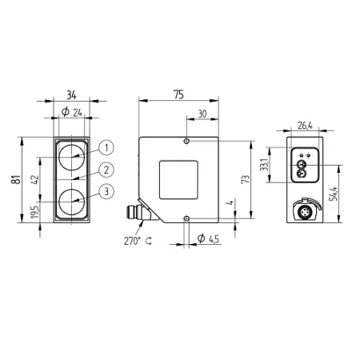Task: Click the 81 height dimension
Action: pyautogui.click(x=16, y=179)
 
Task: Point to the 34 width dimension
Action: pyautogui.click(x=71, y=95)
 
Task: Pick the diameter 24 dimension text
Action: pyautogui.click(x=72, y=112)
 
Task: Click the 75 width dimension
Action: pyautogui.click(x=178, y=94)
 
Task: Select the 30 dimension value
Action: pyautogui.click(x=202, y=114)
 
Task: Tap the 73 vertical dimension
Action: pyautogui.click(x=246, y=179)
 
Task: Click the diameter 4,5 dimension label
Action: pyautogui.click(x=208, y=238)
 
